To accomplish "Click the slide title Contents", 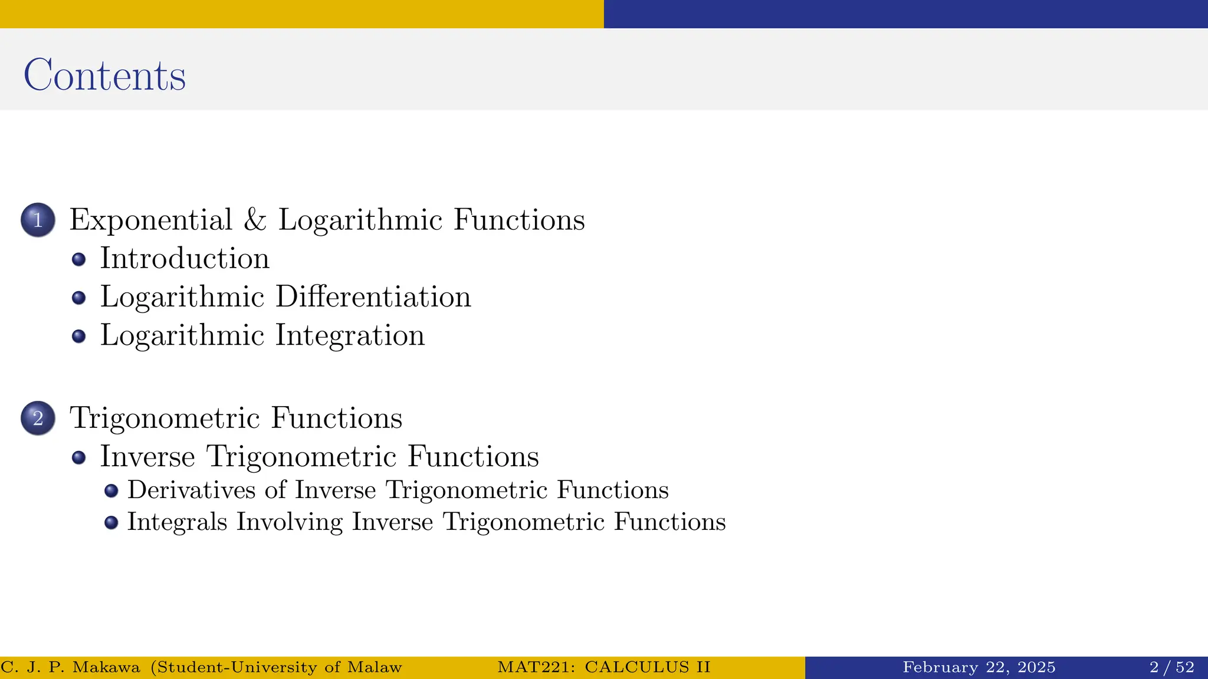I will point(104,75).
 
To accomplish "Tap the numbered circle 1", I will point(38,220).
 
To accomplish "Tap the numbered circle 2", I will point(38,418).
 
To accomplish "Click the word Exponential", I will point(151,220).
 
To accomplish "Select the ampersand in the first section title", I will point(255,220).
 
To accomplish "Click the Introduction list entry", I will point(185,259).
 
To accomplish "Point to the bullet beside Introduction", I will point(78,259).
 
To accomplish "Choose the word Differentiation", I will point(373,296).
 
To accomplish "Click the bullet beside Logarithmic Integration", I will point(78,336).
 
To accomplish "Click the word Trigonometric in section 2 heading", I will point(165,418).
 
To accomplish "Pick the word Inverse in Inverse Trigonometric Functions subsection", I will point(147,457).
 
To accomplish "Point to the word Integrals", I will point(177,522).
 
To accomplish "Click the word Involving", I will point(289,522).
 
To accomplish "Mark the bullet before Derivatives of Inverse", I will point(111,490).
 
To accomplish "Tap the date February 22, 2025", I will point(979,667).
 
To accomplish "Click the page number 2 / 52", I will point(1171,667).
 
